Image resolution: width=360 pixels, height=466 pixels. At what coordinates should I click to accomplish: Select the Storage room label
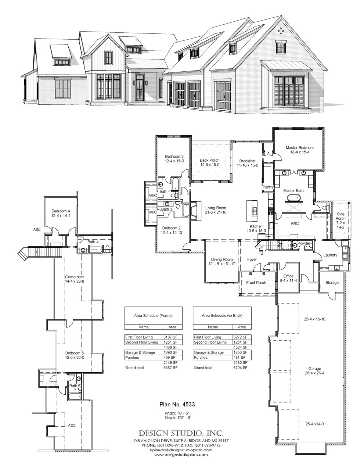[x=332, y=283]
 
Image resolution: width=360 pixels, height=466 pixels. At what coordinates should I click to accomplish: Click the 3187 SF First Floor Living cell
[x=170, y=337]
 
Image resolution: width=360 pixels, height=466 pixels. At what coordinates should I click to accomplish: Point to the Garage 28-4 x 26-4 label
[x=314, y=371]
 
